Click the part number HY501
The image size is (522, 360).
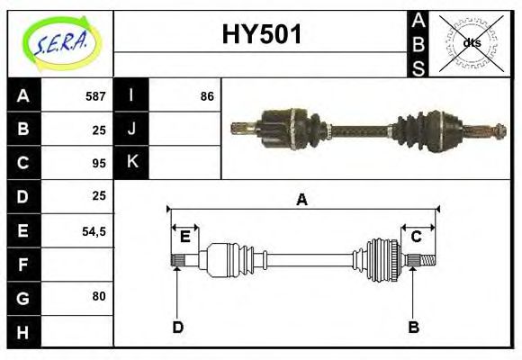coord(261,36)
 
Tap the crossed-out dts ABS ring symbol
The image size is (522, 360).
coord(472,43)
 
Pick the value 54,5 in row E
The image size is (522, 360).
coord(94,230)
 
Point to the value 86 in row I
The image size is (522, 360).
coord(207,96)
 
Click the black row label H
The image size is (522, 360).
coord(23,331)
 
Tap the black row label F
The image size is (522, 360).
coord(23,264)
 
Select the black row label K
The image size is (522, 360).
coord(131,163)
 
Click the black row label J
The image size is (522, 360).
coord(131,130)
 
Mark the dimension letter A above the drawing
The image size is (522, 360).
coord(302,200)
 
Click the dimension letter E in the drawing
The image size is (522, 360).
coord(184,237)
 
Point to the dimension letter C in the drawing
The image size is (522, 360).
coord(417,237)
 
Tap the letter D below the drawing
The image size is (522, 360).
coord(177,327)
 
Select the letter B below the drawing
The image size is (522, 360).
coord(414,327)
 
